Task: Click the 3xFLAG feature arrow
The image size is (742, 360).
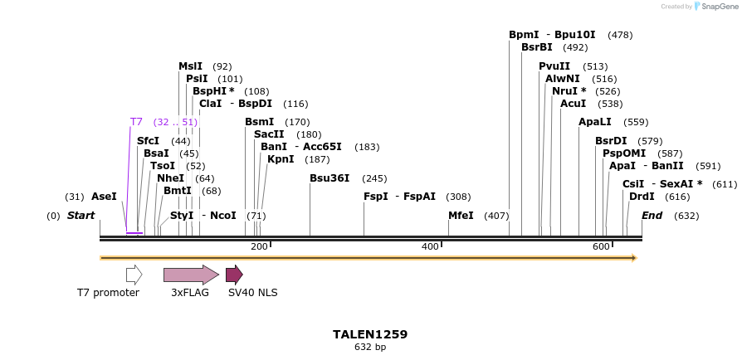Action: tap(191, 275)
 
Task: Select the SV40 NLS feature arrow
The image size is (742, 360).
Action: tap(234, 275)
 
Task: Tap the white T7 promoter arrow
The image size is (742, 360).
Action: tap(134, 275)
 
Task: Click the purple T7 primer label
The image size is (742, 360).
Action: tap(136, 122)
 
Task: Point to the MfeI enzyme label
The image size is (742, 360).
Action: tap(461, 216)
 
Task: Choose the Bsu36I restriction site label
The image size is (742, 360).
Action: tap(330, 178)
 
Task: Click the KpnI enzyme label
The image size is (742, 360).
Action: tap(281, 159)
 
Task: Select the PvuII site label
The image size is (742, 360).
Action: tap(554, 66)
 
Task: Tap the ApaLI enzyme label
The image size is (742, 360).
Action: tap(595, 122)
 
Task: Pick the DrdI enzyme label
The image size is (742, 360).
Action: tap(642, 197)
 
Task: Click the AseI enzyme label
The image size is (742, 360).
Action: tap(104, 197)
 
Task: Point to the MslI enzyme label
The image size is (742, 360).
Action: tap(190, 66)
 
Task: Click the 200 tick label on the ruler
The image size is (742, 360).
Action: tap(259, 247)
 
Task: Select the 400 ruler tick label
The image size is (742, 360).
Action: tap(430, 247)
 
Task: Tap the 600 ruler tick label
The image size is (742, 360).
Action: tap(601, 247)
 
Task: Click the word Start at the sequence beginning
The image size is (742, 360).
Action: tap(81, 216)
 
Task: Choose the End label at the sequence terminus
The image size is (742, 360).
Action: tap(652, 216)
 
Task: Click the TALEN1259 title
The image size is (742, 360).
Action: tap(370, 334)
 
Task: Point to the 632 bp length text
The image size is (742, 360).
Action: tap(370, 348)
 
